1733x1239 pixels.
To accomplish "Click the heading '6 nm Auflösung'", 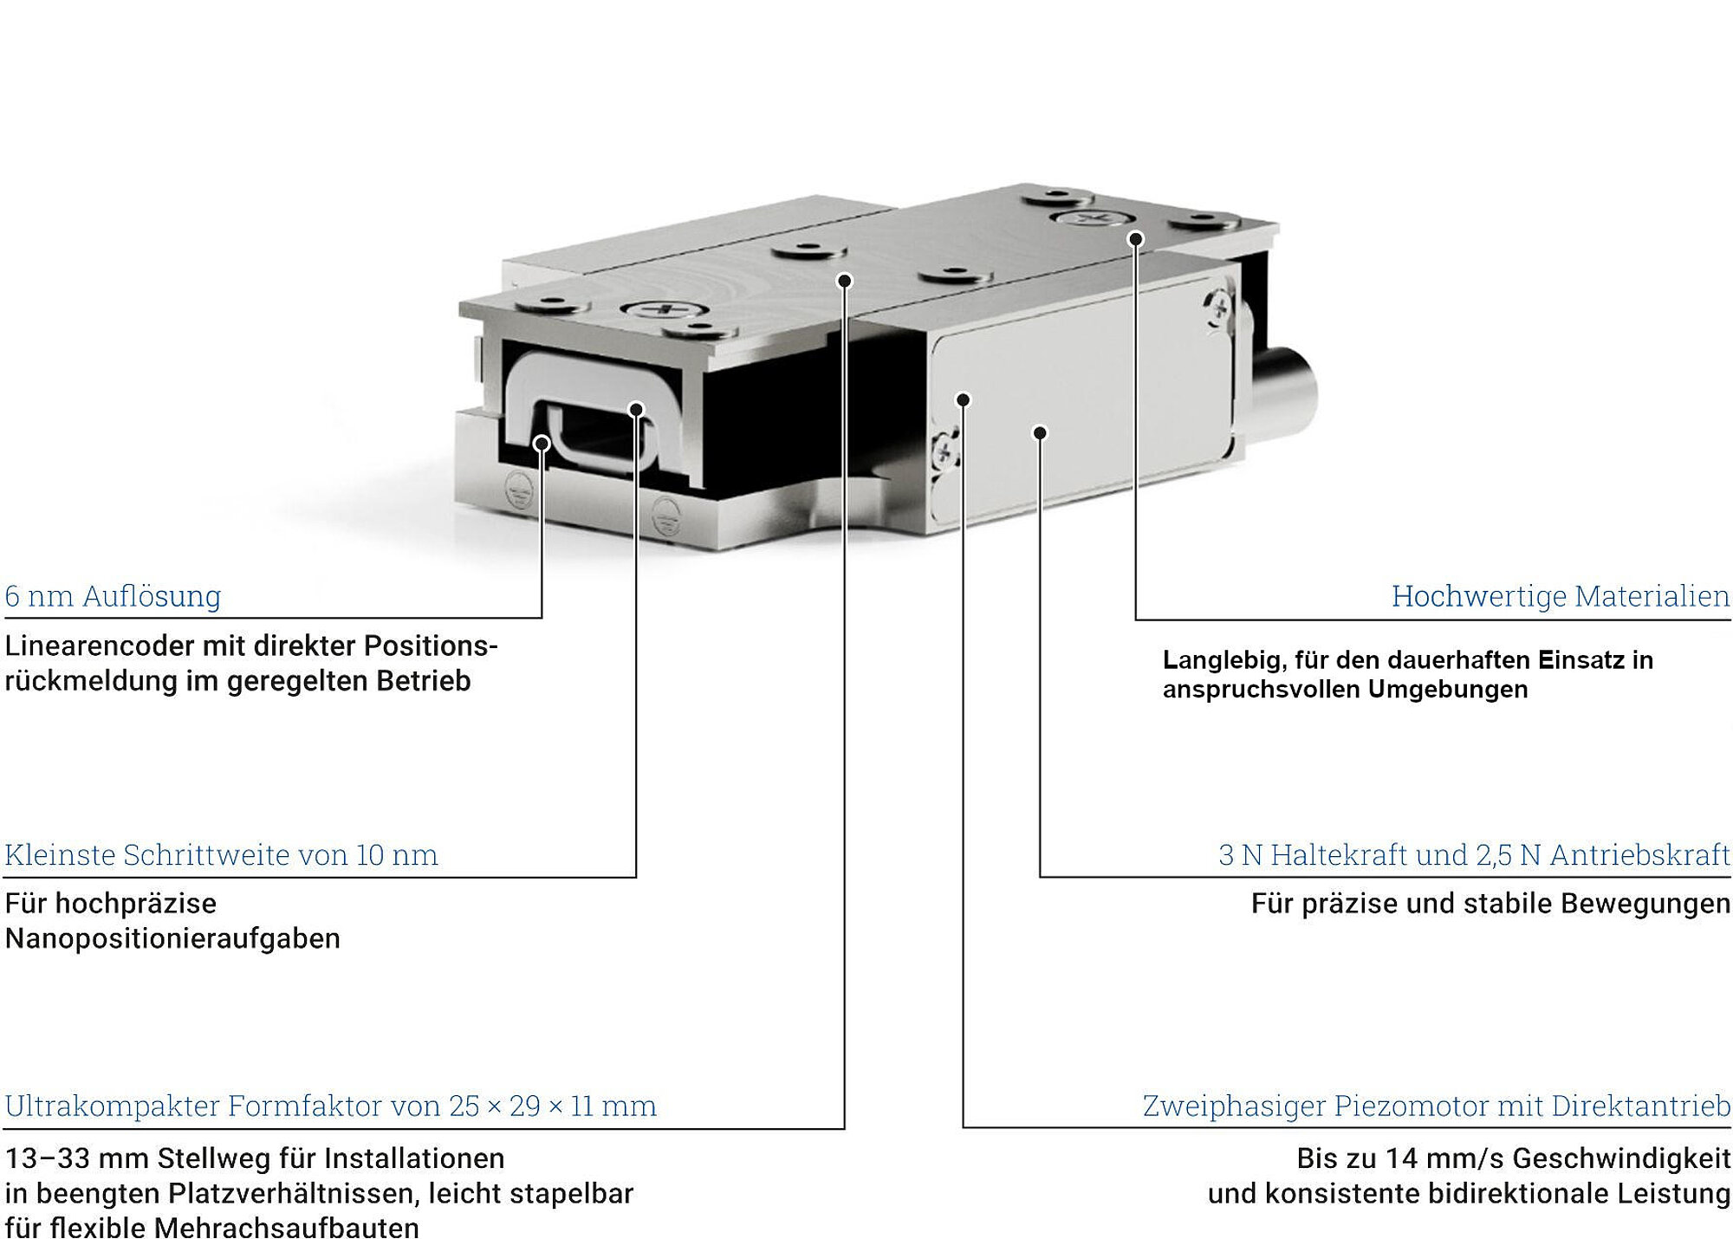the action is (113, 596).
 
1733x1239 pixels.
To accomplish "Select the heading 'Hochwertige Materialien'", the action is (1561, 596).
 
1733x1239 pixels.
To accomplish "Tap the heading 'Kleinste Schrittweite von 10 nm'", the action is (221, 855).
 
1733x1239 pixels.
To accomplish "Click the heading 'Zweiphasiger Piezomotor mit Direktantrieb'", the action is (1437, 1106).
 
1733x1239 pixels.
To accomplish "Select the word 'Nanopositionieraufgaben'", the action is (172, 938).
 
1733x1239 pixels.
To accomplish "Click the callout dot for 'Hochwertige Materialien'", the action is (1136, 239).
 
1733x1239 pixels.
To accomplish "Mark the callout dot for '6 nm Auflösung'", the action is (542, 444).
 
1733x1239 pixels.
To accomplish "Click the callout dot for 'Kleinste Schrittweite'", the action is (636, 410).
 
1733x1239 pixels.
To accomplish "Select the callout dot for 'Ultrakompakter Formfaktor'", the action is (845, 281).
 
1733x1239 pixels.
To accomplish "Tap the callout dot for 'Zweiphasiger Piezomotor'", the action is (963, 399).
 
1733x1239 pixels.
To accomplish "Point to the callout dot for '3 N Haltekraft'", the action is (1041, 432).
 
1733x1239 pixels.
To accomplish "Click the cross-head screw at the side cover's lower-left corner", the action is (945, 449).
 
